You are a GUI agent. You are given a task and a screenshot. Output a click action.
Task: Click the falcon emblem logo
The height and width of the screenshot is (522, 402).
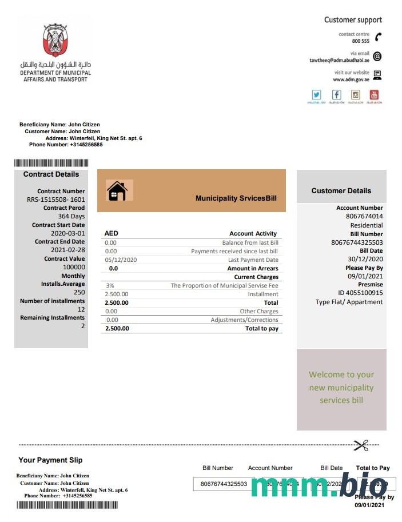pyautogui.click(x=55, y=41)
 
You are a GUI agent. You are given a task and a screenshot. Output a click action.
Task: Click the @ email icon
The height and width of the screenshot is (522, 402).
pyautogui.click(x=377, y=56)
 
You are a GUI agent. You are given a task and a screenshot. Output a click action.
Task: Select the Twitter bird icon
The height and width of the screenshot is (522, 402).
pyautogui.click(x=316, y=95)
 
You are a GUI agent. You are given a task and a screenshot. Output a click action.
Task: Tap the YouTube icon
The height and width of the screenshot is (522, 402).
pyautogui.click(x=375, y=95)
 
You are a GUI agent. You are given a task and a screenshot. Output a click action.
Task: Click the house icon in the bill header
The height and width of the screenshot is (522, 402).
pyautogui.click(x=117, y=190)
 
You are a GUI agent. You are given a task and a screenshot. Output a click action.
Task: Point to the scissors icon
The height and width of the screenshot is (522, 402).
pyautogui.click(x=361, y=444)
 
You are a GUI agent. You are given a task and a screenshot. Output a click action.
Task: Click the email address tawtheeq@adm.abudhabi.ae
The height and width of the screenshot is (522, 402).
pyautogui.click(x=339, y=60)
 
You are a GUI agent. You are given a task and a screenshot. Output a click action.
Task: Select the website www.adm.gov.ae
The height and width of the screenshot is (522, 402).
pyautogui.click(x=351, y=80)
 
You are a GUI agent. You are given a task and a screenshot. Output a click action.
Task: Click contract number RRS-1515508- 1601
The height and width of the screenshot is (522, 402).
pyautogui.click(x=56, y=200)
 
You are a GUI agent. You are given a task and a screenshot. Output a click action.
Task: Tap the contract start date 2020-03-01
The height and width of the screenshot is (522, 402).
pyautogui.click(x=68, y=233)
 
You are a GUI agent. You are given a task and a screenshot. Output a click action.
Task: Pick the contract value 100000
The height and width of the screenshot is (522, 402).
pyautogui.click(x=74, y=267)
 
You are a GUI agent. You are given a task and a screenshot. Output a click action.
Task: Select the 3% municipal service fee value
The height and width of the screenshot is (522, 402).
pyautogui.click(x=110, y=285)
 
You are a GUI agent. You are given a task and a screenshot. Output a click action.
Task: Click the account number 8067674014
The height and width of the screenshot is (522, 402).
pyautogui.click(x=364, y=216)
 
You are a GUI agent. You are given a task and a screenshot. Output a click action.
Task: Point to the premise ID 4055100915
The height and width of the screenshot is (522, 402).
pyautogui.click(x=360, y=293)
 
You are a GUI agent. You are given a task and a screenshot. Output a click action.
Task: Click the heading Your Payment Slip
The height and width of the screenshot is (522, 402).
pyautogui.click(x=50, y=460)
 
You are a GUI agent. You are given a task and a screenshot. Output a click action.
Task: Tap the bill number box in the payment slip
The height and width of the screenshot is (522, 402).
pyautogui.click(x=224, y=484)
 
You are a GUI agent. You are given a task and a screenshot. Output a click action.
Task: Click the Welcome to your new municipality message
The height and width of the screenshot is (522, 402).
pyautogui.click(x=341, y=387)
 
